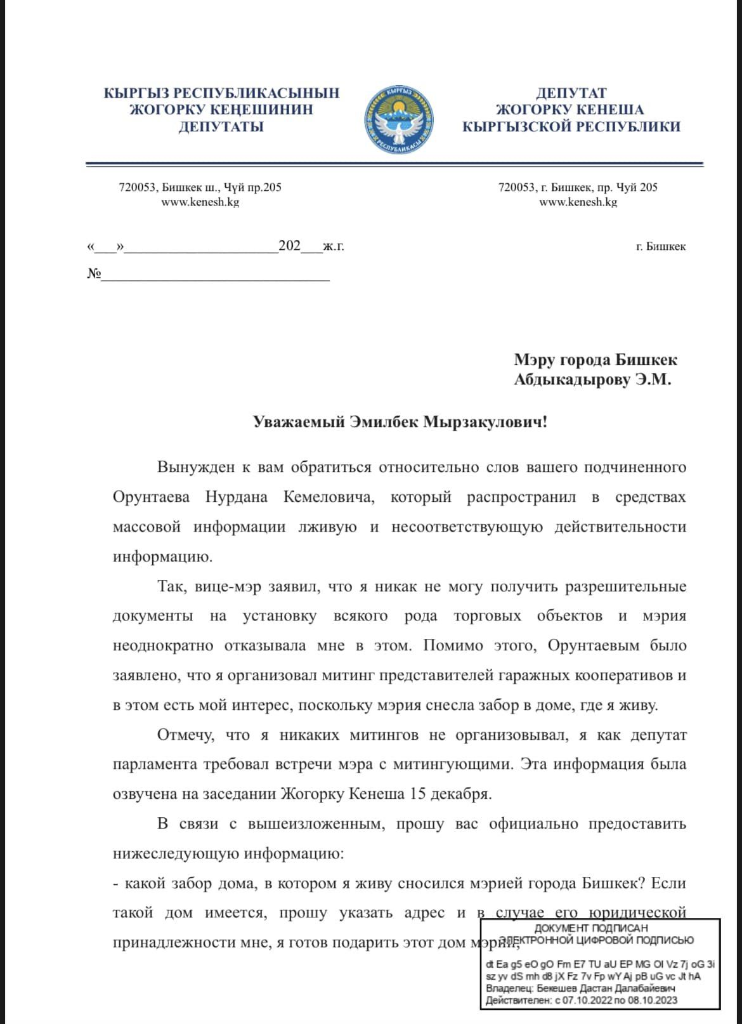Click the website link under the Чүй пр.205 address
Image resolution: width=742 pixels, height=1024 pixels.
tap(200, 202)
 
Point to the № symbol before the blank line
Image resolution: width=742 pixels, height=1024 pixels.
tap(94, 274)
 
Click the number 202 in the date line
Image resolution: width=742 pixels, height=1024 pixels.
tap(290, 246)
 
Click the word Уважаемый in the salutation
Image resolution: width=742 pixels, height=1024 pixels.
tap(299, 422)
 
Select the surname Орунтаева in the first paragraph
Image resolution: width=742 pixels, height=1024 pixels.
tap(151, 497)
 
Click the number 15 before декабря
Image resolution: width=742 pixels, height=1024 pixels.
tap(418, 794)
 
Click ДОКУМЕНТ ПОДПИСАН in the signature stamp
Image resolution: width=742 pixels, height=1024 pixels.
tap(591, 928)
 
